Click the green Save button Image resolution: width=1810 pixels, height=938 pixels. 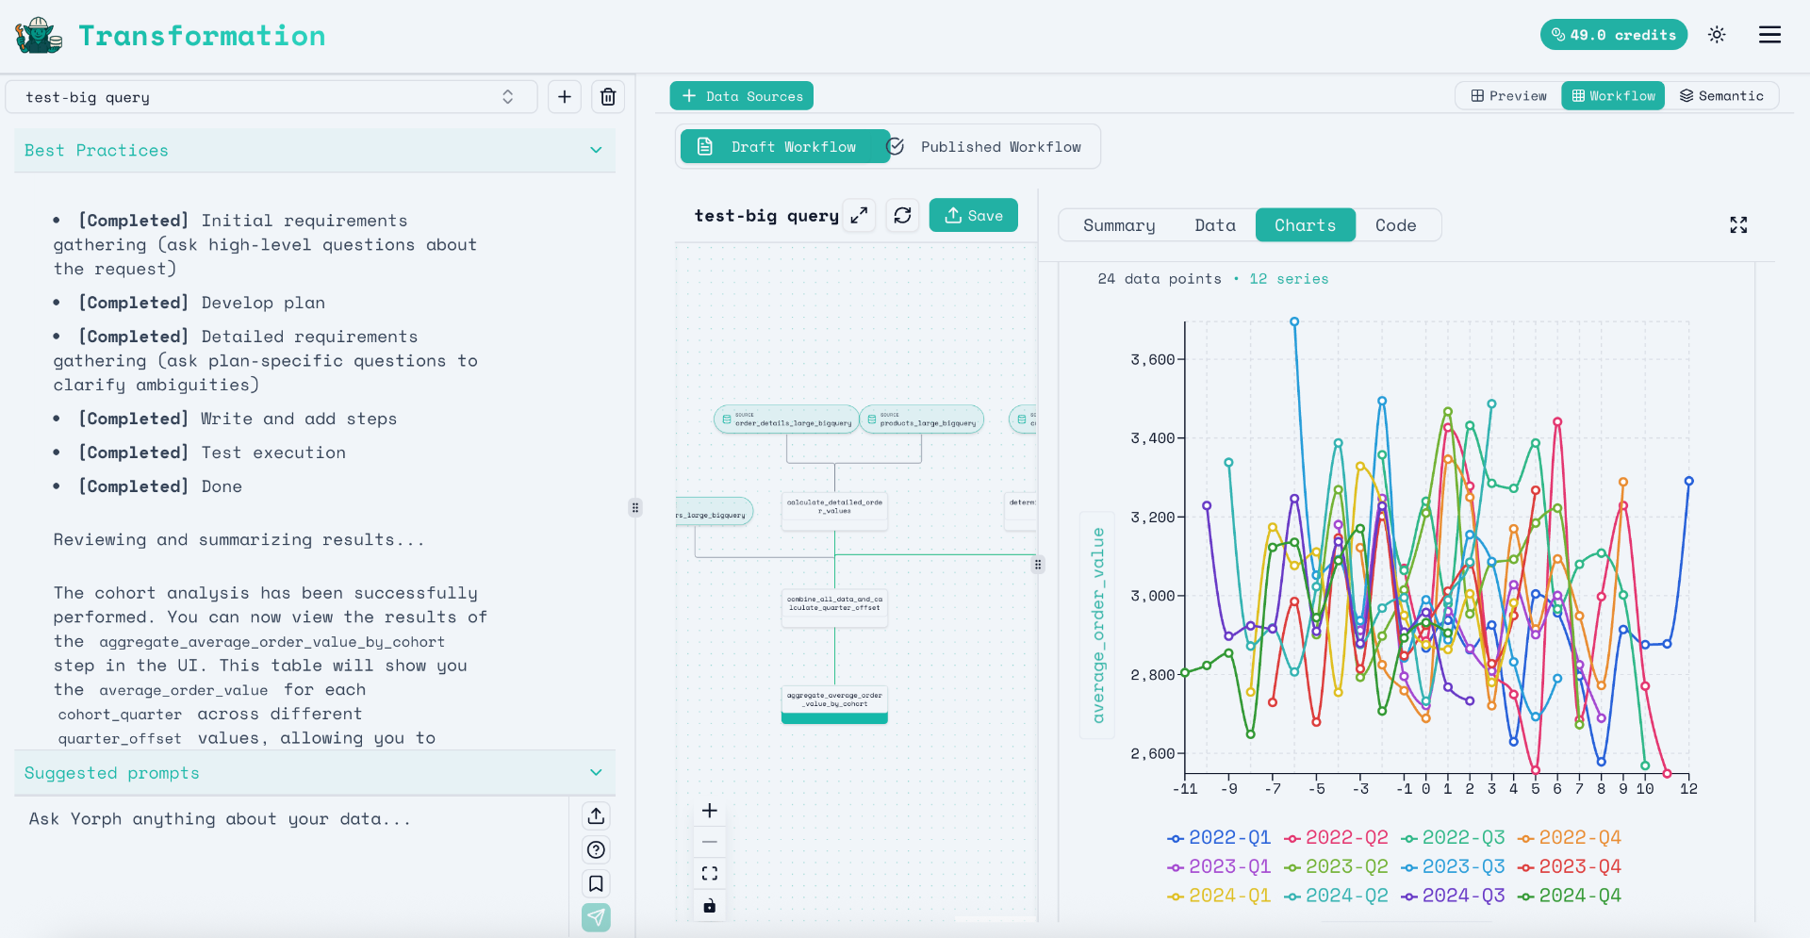click(973, 215)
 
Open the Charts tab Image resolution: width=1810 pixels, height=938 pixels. click(1305, 225)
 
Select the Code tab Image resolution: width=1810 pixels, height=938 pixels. click(1395, 225)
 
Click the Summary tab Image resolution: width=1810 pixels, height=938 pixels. click(1119, 225)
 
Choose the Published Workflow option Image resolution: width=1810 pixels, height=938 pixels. click(999, 147)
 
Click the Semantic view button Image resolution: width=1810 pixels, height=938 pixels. click(1721, 96)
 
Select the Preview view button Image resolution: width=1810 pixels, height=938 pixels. click(1509, 96)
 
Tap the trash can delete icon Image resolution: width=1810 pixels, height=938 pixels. click(608, 97)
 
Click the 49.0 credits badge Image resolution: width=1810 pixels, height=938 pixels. click(1613, 35)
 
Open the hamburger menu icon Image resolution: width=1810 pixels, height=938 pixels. click(1769, 35)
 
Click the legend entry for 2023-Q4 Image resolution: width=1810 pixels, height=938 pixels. click(1570, 866)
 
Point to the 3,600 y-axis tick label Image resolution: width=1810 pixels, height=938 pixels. click(1152, 359)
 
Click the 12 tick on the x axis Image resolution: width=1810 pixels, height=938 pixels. click(1688, 789)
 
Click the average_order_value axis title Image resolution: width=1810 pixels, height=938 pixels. click(1097, 625)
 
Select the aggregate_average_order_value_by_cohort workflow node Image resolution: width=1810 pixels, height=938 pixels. click(834, 700)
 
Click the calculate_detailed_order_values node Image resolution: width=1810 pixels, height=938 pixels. click(834, 507)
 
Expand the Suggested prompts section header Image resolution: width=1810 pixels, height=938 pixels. click(314, 773)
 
